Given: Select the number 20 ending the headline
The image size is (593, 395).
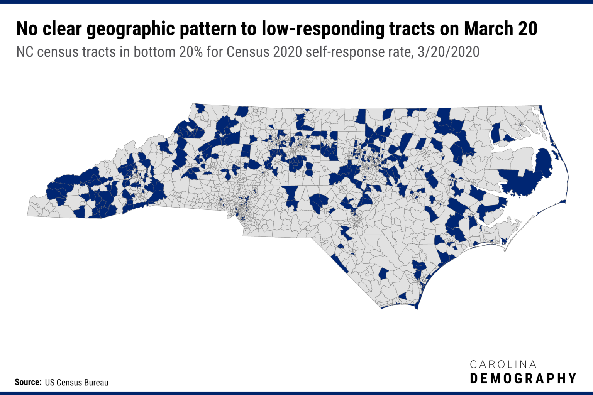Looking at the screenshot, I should (x=527, y=29).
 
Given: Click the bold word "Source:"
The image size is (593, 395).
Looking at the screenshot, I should (x=28, y=382).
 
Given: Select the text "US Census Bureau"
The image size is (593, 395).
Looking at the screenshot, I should (x=76, y=383).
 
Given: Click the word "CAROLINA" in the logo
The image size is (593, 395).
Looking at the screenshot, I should (x=503, y=365).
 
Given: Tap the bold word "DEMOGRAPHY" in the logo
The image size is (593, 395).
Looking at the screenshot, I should (x=523, y=378).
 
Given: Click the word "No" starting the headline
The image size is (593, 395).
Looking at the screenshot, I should (x=27, y=29).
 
